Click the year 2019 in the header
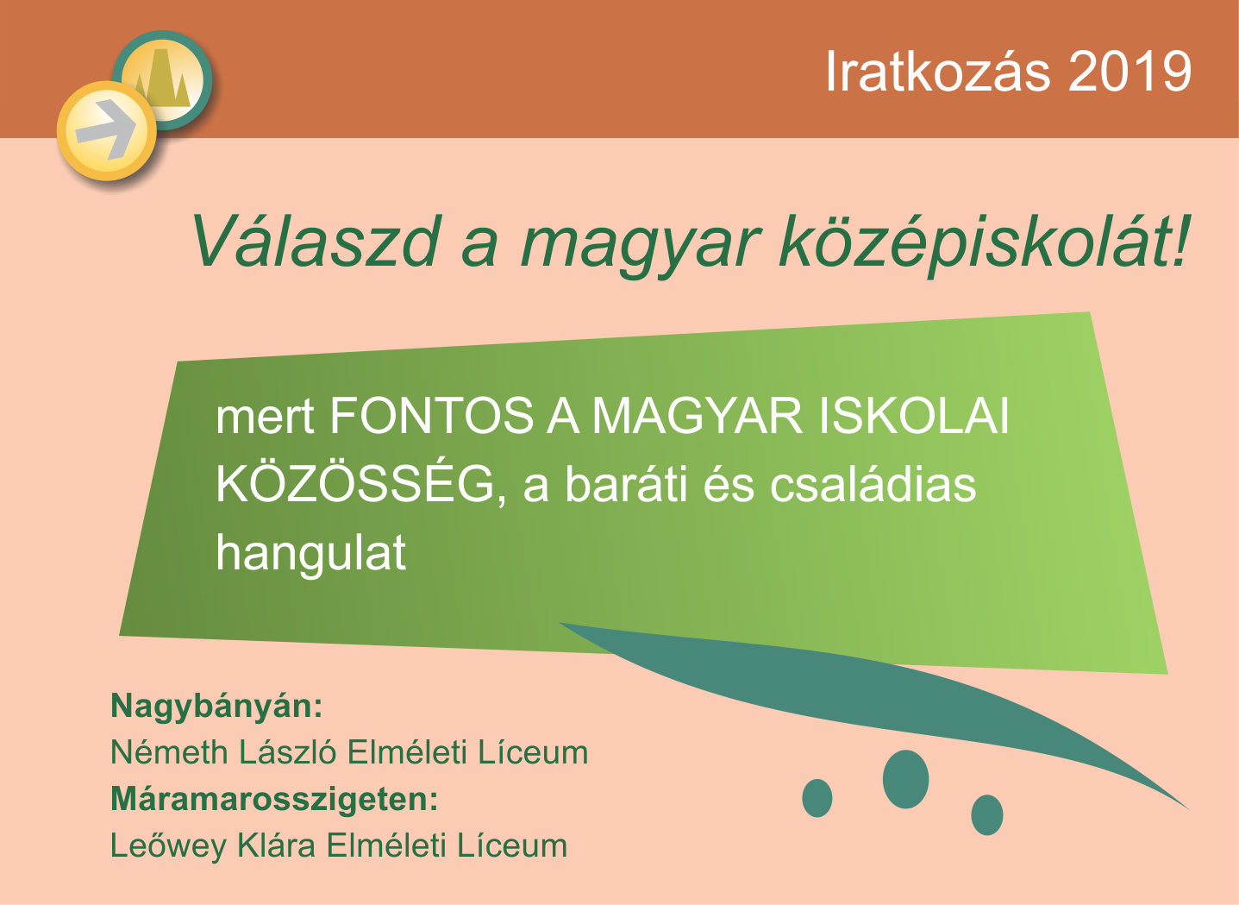1130,72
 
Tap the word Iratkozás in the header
937,71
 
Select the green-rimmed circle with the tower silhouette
163,79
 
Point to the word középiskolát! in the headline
985,243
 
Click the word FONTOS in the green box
432,415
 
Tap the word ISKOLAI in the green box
914,415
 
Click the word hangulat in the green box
311,552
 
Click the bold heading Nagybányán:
216,707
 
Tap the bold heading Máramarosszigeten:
274,800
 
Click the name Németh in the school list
170,752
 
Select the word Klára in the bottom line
277,845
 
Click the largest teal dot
905,779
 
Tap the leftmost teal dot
817,798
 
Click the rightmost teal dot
986,814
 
